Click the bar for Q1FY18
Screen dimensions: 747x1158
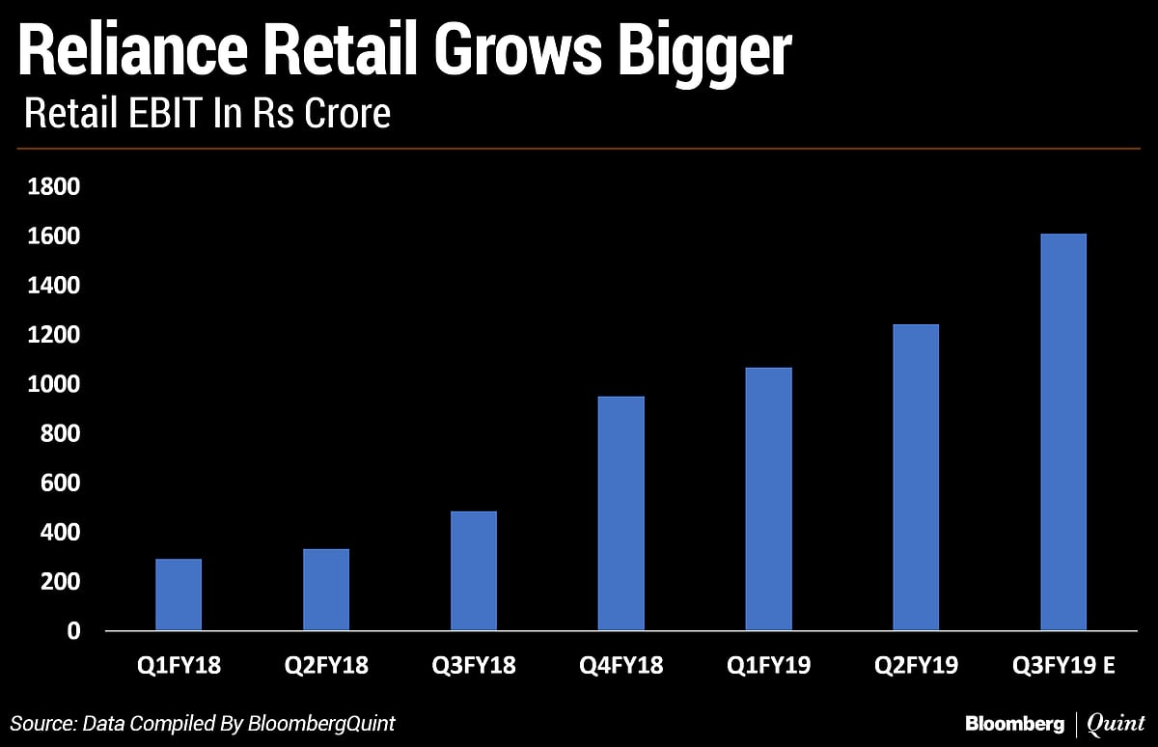[x=179, y=595]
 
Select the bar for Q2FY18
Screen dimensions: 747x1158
[x=326, y=590]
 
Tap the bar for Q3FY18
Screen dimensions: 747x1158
[x=474, y=570]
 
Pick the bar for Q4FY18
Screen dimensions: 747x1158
[x=621, y=513]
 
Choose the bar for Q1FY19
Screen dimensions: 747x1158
[x=769, y=499]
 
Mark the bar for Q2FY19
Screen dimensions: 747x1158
[x=916, y=478]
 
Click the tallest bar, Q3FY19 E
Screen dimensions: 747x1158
[x=1063, y=432]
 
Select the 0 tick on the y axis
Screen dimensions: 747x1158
[x=72, y=632]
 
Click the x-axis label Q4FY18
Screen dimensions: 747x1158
[x=620, y=666]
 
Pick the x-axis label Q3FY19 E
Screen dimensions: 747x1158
[x=1063, y=666]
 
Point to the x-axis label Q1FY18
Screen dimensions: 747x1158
[x=179, y=666]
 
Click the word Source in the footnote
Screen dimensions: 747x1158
[x=44, y=723]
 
